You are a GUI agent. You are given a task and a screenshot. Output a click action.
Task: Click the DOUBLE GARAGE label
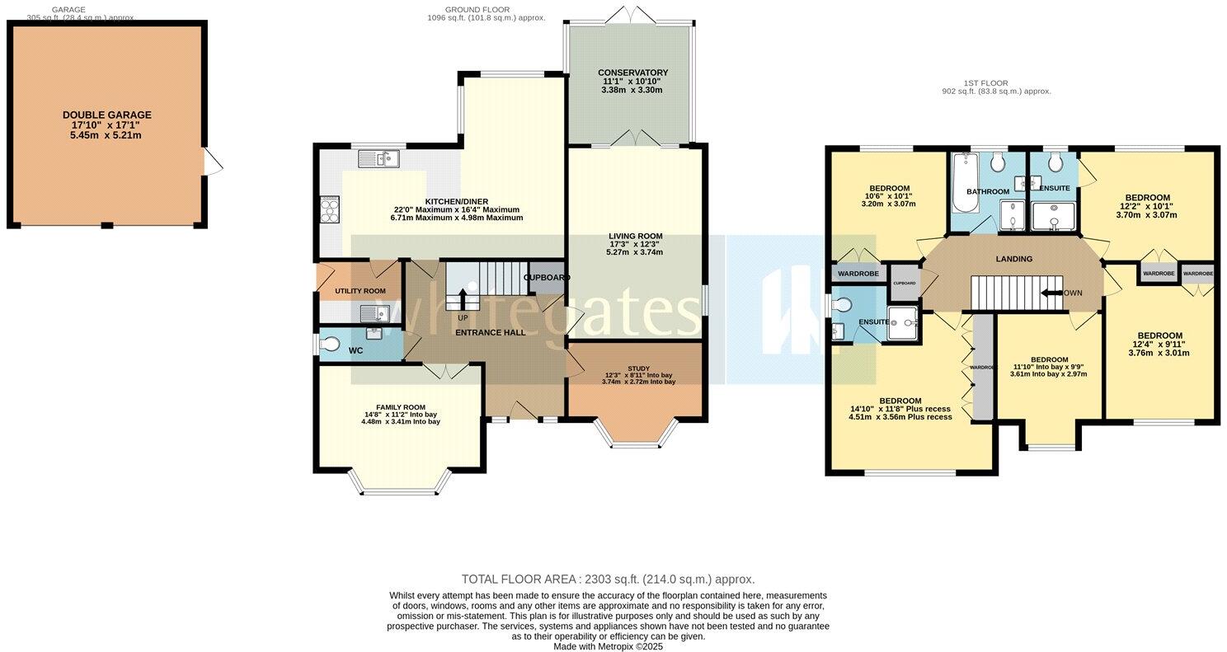click(x=106, y=115)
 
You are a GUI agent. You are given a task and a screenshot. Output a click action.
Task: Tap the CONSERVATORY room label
click(x=632, y=73)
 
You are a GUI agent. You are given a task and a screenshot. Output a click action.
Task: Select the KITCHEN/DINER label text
click(x=456, y=201)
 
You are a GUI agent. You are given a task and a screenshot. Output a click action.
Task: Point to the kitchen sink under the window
click(x=380, y=157)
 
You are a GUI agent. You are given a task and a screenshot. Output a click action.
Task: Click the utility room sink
click(x=374, y=313)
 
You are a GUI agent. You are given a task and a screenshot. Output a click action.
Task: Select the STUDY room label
click(x=639, y=368)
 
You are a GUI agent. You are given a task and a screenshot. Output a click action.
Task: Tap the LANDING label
click(x=1013, y=259)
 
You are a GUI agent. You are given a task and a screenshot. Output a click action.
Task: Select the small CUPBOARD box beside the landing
click(x=905, y=283)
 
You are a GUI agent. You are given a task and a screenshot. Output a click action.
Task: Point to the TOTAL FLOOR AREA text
click(x=608, y=579)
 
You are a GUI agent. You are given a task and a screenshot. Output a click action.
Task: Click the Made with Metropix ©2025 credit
click(x=608, y=647)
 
